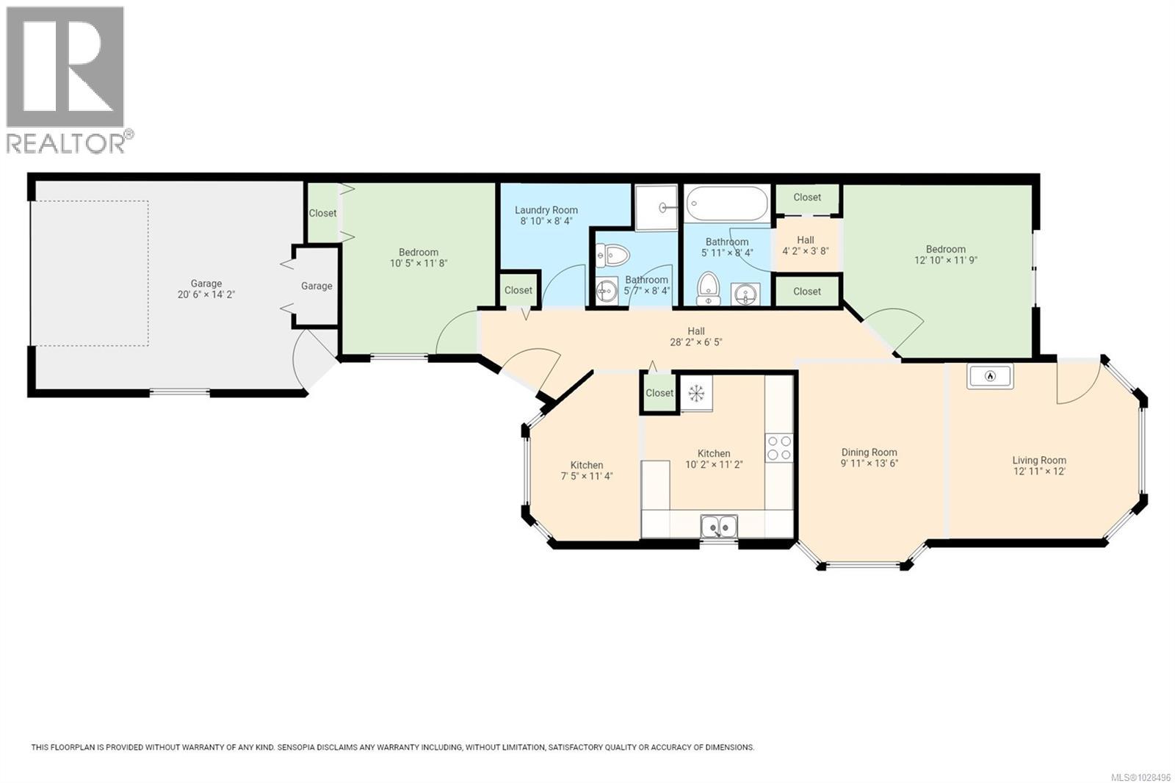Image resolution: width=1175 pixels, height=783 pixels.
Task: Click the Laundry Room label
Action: [546, 210]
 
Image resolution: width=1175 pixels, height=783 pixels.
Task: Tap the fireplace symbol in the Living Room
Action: [989, 376]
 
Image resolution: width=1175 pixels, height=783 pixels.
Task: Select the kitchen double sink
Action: [719, 527]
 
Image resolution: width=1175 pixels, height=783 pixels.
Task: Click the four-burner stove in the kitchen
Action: [778, 447]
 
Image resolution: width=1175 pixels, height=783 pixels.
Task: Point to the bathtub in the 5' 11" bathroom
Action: [726, 202]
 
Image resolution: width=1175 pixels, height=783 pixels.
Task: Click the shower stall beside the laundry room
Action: [655, 208]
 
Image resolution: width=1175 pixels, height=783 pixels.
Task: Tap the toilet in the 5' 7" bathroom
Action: [613, 256]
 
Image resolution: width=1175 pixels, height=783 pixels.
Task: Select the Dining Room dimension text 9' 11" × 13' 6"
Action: [869, 463]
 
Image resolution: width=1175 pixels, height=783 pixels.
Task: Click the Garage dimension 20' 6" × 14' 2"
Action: [206, 295]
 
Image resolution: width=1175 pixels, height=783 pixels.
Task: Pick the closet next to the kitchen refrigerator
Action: [659, 393]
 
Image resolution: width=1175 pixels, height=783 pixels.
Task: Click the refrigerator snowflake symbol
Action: [695, 394]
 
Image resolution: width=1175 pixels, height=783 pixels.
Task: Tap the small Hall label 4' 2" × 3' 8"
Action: [805, 250]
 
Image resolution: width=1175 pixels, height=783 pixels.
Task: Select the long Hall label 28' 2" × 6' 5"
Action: [695, 342]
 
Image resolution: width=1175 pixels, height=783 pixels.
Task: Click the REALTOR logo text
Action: [66, 143]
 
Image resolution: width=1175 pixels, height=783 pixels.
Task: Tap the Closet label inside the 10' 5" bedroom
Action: [322, 213]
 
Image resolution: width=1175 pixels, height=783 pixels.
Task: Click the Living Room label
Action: [1038, 461]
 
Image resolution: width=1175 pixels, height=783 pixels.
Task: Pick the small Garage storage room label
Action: [317, 286]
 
